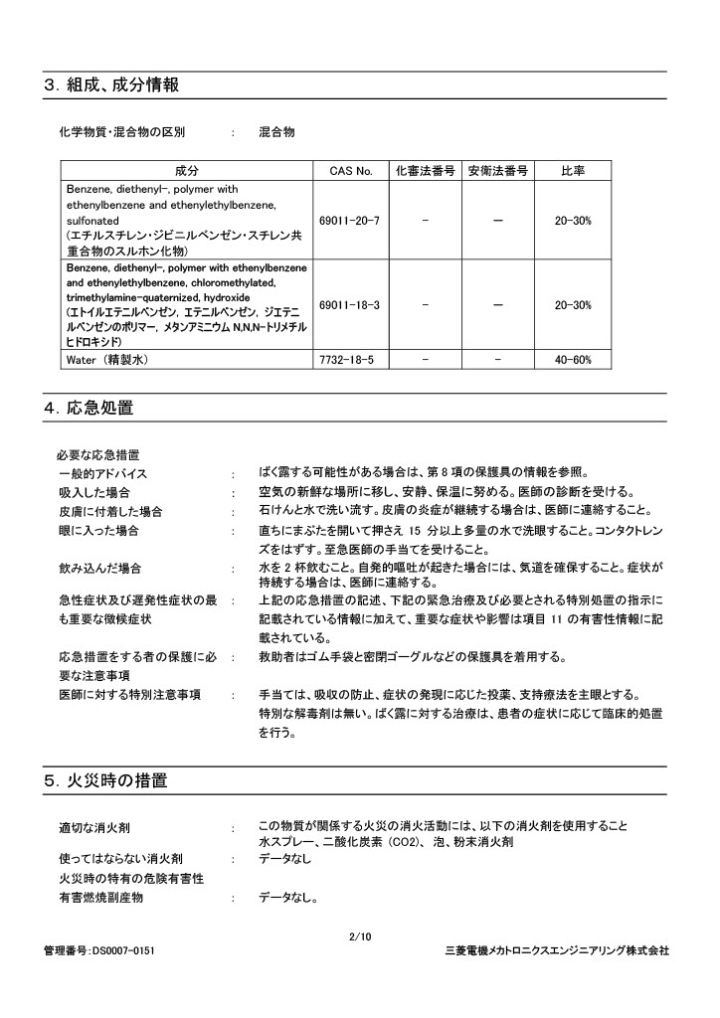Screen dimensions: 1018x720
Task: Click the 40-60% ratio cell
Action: pos(573,359)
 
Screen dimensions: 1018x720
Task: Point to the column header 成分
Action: pos(187,171)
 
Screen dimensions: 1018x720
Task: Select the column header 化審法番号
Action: pos(425,171)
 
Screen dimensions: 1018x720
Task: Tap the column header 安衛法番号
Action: pos(497,171)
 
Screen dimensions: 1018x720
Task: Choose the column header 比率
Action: pos(573,171)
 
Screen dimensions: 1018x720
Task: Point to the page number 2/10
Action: pos(360,936)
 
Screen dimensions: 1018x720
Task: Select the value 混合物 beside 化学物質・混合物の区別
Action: pos(276,132)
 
